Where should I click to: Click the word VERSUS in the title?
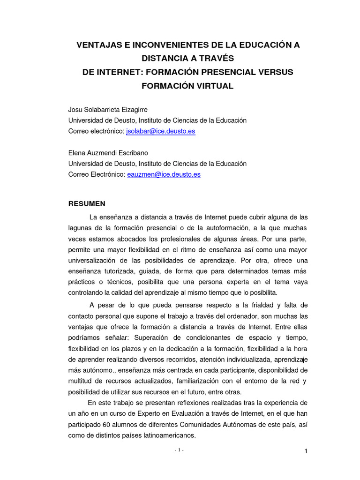click(276, 72)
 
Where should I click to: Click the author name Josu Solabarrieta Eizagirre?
click(108, 110)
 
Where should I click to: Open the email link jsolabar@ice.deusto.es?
click(161, 131)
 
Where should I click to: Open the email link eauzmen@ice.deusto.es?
click(164, 174)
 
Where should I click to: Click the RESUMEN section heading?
click(87, 203)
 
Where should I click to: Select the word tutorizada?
click(119, 271)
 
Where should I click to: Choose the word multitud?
click(81, 381)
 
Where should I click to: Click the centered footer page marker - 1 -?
click(179, 450)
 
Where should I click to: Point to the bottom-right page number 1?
click(306, 451)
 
